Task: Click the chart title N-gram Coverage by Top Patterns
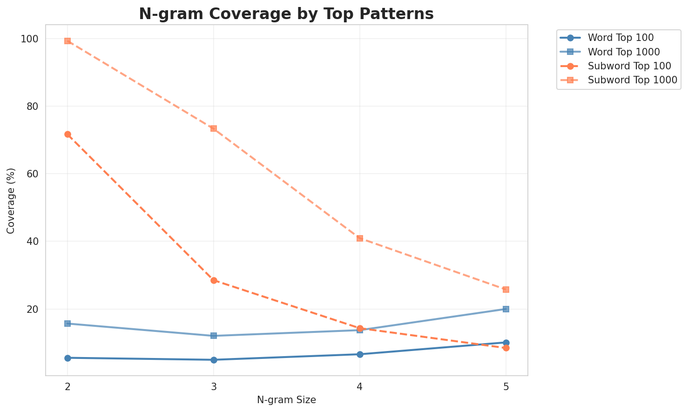click(286, 14)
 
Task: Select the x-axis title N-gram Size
click(286, 400)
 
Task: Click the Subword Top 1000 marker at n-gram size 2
click(67, 41)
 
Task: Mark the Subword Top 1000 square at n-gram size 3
click(214, 128)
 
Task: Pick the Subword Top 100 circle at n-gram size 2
click(67, 135)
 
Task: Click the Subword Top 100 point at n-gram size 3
click(214, 280)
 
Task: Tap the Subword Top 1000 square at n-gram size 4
click(360, 238)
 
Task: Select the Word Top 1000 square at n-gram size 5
click(506, 309)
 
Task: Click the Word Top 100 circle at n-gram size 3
click(214, 360)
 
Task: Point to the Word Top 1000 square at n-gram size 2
click(67, 324)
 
